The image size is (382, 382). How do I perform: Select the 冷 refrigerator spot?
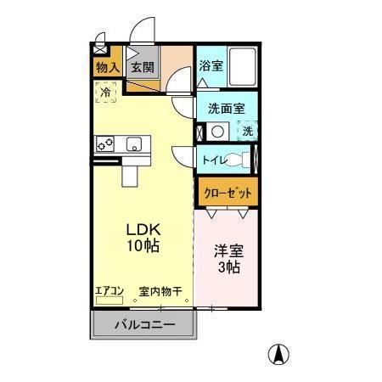pos(106,92)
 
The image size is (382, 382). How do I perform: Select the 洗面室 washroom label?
pos(226,108)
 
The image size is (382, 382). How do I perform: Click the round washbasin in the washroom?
pos(217,132)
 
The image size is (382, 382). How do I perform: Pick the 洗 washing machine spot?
pos(247,132)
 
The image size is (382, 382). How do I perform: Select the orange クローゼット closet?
pos(228,193)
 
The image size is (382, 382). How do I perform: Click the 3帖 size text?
pos(227,267)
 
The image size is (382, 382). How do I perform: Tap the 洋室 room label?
pos(227,251)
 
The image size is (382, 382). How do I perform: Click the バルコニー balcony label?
pos(144,325)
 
